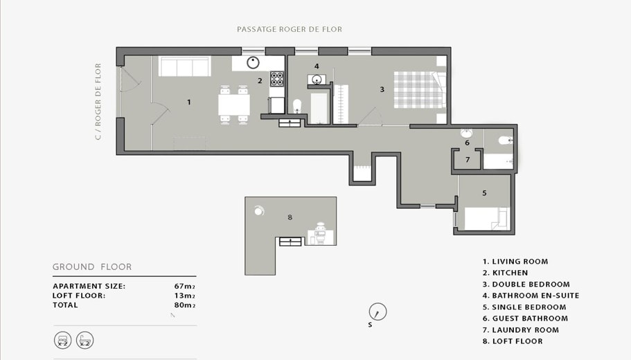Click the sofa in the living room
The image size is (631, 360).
(185, 66)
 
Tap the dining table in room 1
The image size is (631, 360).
(234, 105)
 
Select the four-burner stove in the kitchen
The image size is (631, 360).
(277, 79)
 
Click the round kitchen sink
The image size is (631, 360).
(253, 62)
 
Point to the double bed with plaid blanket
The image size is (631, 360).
(420, 90)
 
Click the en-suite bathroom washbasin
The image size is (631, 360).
(317, 79)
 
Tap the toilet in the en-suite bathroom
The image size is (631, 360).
(297, 106)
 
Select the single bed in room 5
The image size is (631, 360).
(487, 218)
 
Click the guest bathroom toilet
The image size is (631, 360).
(506, 141)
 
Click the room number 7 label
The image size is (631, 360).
(468, 160)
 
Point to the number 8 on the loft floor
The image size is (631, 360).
(290, 217)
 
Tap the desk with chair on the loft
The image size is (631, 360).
(321, 234)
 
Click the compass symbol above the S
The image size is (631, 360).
(377, 312)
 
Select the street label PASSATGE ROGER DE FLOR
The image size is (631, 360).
(290, 29)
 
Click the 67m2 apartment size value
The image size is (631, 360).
(185, 287)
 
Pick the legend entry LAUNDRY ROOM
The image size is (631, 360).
(521, 330)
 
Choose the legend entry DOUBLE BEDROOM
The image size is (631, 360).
(526, 284)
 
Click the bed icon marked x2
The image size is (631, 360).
(63, 341)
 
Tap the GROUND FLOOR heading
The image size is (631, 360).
(92, 267)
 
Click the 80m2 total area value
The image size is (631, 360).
(185, 305)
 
